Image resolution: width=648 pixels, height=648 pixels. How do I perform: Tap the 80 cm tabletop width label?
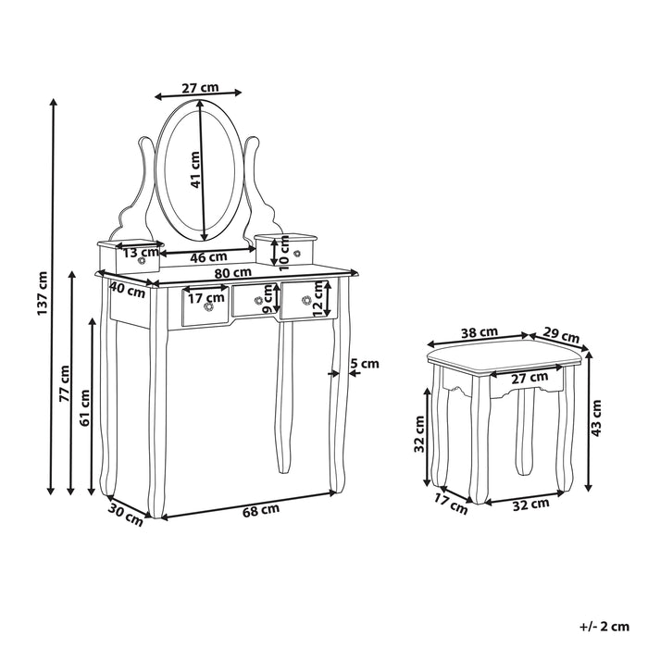(233, 272)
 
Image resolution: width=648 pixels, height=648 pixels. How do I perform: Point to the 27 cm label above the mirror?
(199, 88)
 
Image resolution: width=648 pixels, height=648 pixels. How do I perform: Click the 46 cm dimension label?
(209, 256)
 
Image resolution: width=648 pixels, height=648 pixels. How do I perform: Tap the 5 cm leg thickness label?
(365, 364)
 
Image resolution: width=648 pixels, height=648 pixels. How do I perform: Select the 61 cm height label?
(84, 407)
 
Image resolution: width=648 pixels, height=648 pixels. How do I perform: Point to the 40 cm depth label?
(127, 289)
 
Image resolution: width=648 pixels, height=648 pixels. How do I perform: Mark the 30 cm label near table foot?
(126, 514)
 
